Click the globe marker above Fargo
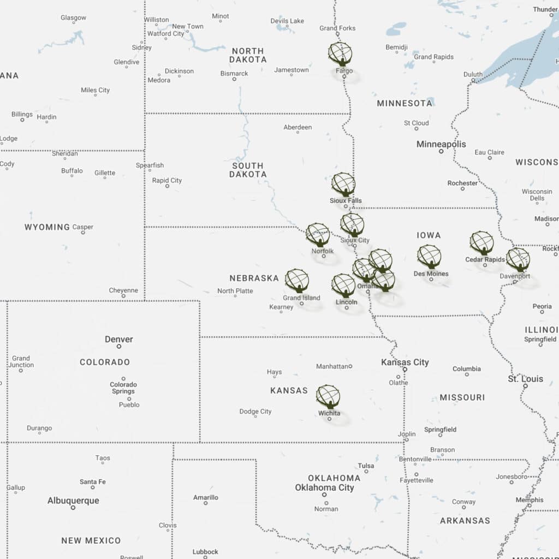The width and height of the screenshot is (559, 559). (x=340, y=53)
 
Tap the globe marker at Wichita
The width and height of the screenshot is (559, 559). (x=328, y=396)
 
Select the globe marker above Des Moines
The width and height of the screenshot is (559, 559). (x=429, y=256)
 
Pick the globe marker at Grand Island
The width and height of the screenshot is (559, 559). (x=297, y=280)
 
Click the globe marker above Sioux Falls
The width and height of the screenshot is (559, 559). (x=343, y=185)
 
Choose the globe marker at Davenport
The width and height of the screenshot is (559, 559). (x=518, y=259)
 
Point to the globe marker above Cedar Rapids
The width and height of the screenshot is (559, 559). (x=481, y=242)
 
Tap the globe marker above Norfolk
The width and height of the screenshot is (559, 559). (x=318, y=234)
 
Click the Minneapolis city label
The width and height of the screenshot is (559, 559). (x=441, y=144)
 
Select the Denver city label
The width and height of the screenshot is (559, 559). (x=119, y=339)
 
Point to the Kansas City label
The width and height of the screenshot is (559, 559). (x=405, y=362)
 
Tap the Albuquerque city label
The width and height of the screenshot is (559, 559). (x=73, y=501)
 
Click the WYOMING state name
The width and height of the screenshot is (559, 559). (x=47, y=227)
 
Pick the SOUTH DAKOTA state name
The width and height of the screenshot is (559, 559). (x=248, y=170)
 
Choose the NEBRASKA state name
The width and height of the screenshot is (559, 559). (x=254, y=278)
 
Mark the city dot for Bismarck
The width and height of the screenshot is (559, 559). (x=234, y=79)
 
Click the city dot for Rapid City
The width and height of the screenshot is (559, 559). (x=167, y=186)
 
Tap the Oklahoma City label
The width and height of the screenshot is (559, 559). (x=324, y=487)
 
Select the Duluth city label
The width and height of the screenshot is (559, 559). (x=473, y=74)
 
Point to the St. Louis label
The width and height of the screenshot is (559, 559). (x=525, y=379)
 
